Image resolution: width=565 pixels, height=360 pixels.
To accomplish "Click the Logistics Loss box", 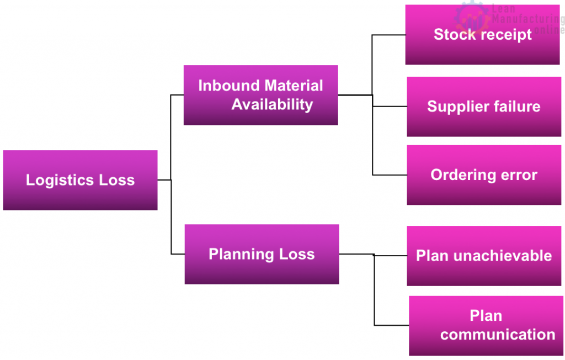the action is click(x=81, y=180).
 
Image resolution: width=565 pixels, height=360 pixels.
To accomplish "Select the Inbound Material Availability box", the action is click(x=261, y=95).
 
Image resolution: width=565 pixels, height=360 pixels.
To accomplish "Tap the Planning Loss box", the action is click(x=262, y=255).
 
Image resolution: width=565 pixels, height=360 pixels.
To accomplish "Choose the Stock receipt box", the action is click(x=482, y=35).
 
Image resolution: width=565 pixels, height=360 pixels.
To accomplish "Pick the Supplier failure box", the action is click(x=484, y=107).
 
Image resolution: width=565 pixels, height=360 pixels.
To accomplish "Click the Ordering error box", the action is click(x=484, y=175).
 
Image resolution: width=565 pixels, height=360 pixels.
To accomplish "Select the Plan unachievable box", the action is click(x=484, y=256).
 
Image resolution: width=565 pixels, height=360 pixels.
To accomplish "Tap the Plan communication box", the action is click(x=486, y=326).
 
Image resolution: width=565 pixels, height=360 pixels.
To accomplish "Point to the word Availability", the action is click(x=272, y=105).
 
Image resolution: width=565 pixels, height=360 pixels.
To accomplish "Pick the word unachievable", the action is click(x=503, y=256).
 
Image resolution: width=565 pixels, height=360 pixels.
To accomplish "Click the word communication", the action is click(x=498, y=335).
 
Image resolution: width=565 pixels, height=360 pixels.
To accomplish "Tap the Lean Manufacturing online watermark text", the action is click(x=528, y=19).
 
